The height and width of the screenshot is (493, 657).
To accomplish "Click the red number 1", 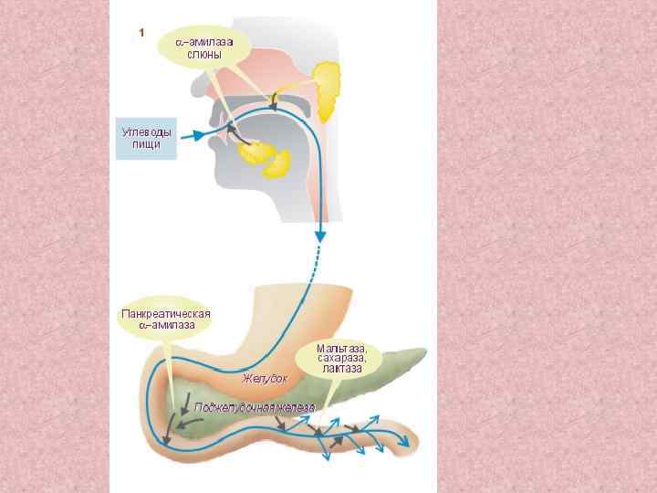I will click(x=141, y=33).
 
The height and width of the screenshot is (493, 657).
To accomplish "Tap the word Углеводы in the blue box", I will click(x=146, y=132).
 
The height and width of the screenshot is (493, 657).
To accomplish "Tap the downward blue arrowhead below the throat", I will click(x=320, y=236).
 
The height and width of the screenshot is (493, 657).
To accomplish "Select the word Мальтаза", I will click(x=341, y=348).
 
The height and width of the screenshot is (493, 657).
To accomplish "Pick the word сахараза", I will click(x=341, y=358).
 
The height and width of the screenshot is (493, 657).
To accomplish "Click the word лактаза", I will click(x=341, y=369).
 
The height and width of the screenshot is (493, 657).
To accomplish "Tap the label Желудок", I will click(x=265, y=377).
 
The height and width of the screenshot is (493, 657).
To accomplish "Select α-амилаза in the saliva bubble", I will click(x=204, y=42).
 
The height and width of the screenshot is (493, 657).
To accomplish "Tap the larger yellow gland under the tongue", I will click(x=278, y=163).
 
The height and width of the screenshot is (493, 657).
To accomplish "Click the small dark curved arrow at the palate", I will click(x=273, y=100).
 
